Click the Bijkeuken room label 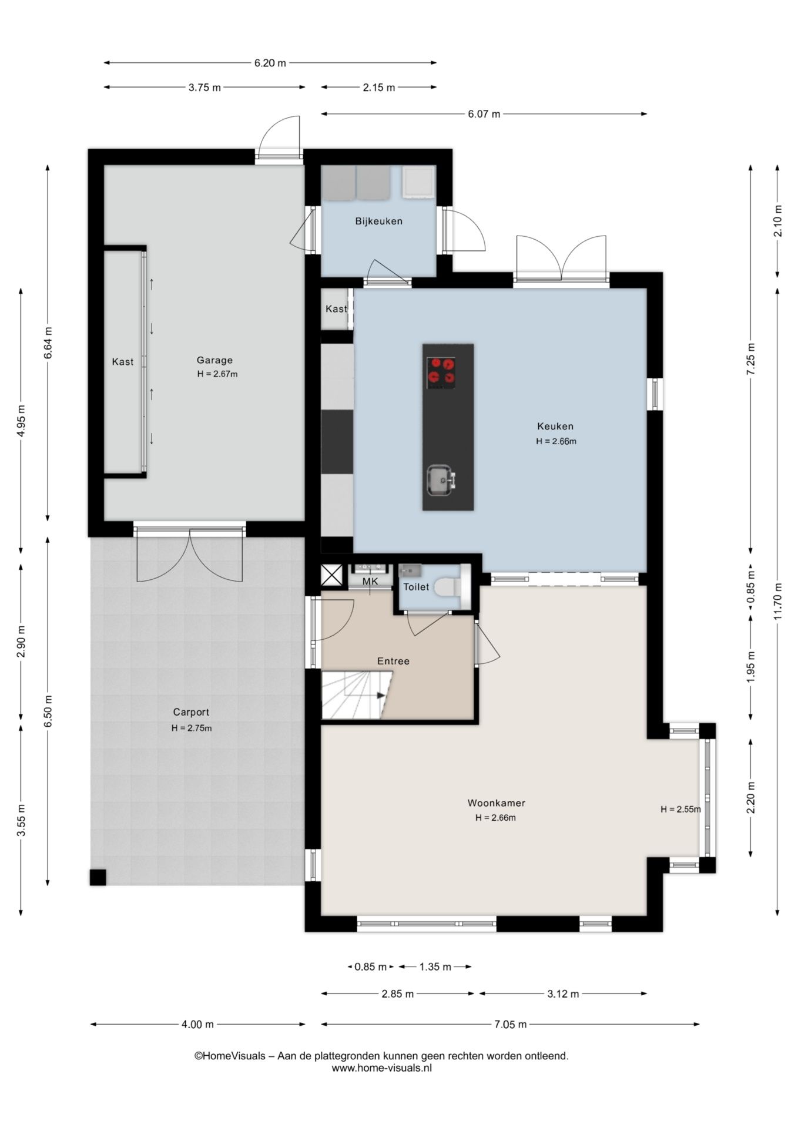378,221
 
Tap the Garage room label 214,360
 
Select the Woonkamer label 496,803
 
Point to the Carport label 191,712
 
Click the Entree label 393,661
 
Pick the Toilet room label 415,587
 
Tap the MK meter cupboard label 370,581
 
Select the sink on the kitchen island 440,480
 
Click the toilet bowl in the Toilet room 447,586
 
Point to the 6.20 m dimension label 270,63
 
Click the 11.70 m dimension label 777,601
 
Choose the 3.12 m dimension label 563,994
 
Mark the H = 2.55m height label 680,809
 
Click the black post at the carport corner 98,877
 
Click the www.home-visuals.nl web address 381,1068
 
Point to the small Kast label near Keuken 336,309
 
